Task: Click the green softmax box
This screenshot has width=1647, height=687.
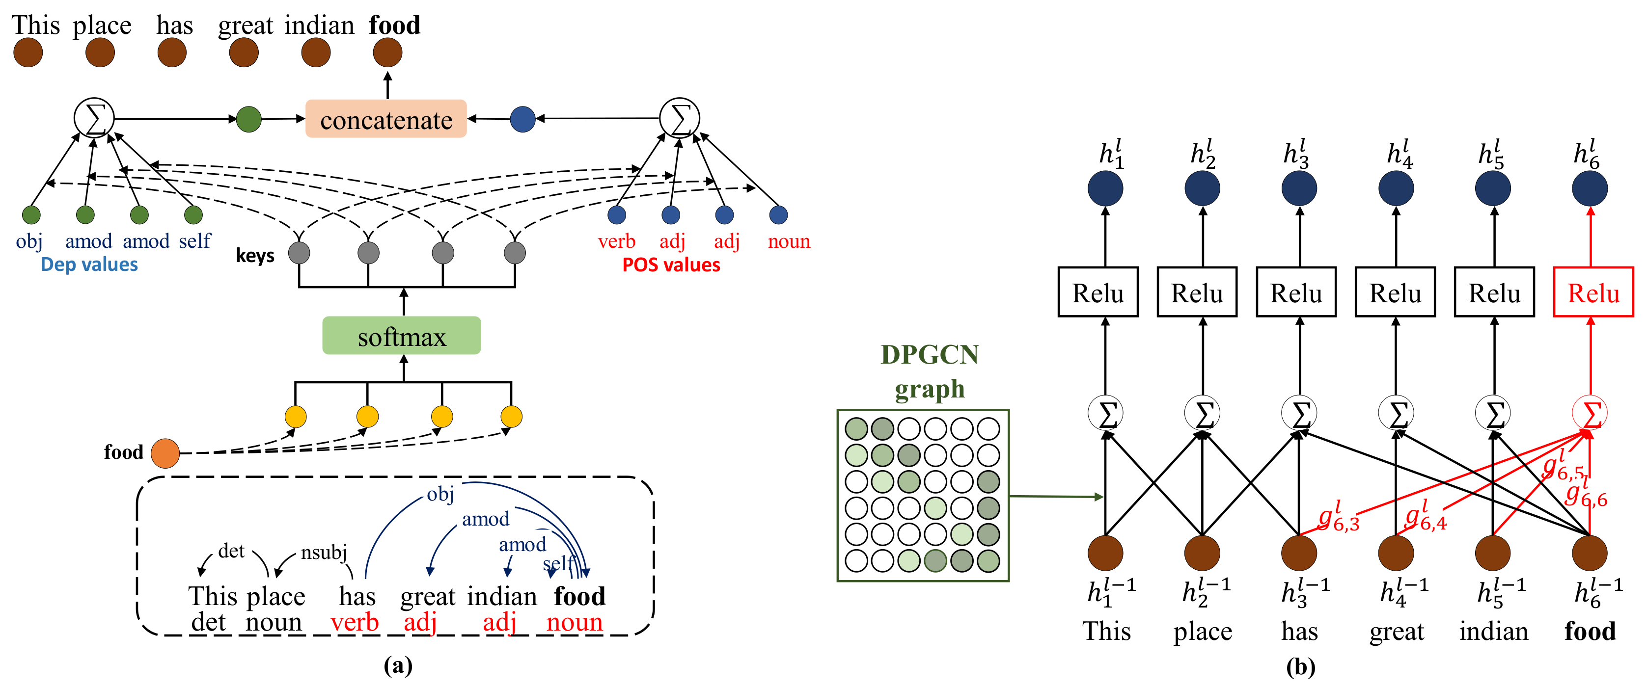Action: [x=402, y=336]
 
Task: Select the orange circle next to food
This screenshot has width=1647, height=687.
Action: [x=165, y=453]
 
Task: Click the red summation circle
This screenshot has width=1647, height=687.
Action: [x=1590, y=414]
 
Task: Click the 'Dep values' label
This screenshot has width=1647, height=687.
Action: [x=89, y=264]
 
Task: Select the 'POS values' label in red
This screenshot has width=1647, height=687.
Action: [x=671, y=264]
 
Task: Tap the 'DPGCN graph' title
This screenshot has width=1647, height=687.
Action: [x=929, y=371]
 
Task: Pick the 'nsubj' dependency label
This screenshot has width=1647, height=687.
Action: [x=324, y=552]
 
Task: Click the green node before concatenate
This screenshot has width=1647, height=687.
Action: [x=248, y=119]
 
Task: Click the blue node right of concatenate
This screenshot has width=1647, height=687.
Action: [x=522, y=119]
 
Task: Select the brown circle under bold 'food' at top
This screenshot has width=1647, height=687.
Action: [x=387, y=53]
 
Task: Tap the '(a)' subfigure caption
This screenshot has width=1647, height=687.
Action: [x=398, y=666]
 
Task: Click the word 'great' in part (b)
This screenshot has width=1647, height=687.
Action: [x=1397, y=632]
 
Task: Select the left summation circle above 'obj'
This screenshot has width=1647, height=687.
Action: [x=94, y=118]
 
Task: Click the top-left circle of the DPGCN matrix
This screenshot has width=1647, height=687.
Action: [x=856, y=428]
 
